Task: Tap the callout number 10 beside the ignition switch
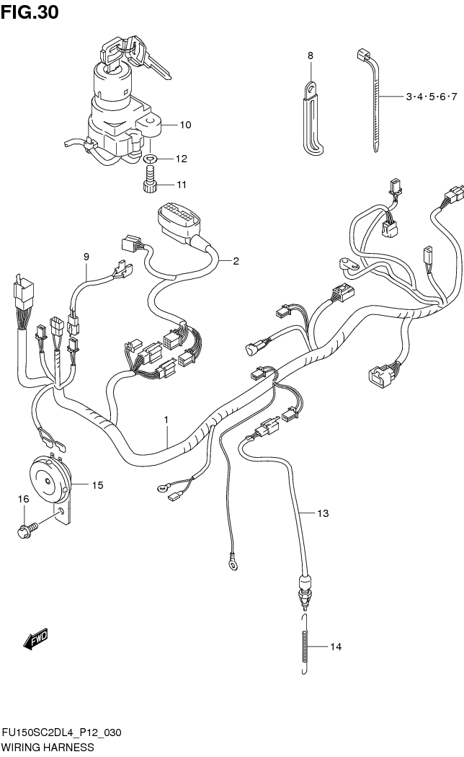click(x=185, y=125)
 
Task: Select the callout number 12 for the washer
click(x=181, y=159)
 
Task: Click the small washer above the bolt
click(x=150, y=159)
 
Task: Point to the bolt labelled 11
click(x=150, y=181)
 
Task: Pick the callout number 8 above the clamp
click(x=311, y=56)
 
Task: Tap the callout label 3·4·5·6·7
click(x=432, y=96)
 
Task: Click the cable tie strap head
click(x=362, y=55)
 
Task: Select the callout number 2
click(x=235, y=261)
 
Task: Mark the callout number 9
click(x=86, y=256)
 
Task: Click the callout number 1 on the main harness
click(x=166, y=418)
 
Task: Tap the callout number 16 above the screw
click(x=24, y=498)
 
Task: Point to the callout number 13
click(x=323, y=513)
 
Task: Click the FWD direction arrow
click(x=34, y=639)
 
